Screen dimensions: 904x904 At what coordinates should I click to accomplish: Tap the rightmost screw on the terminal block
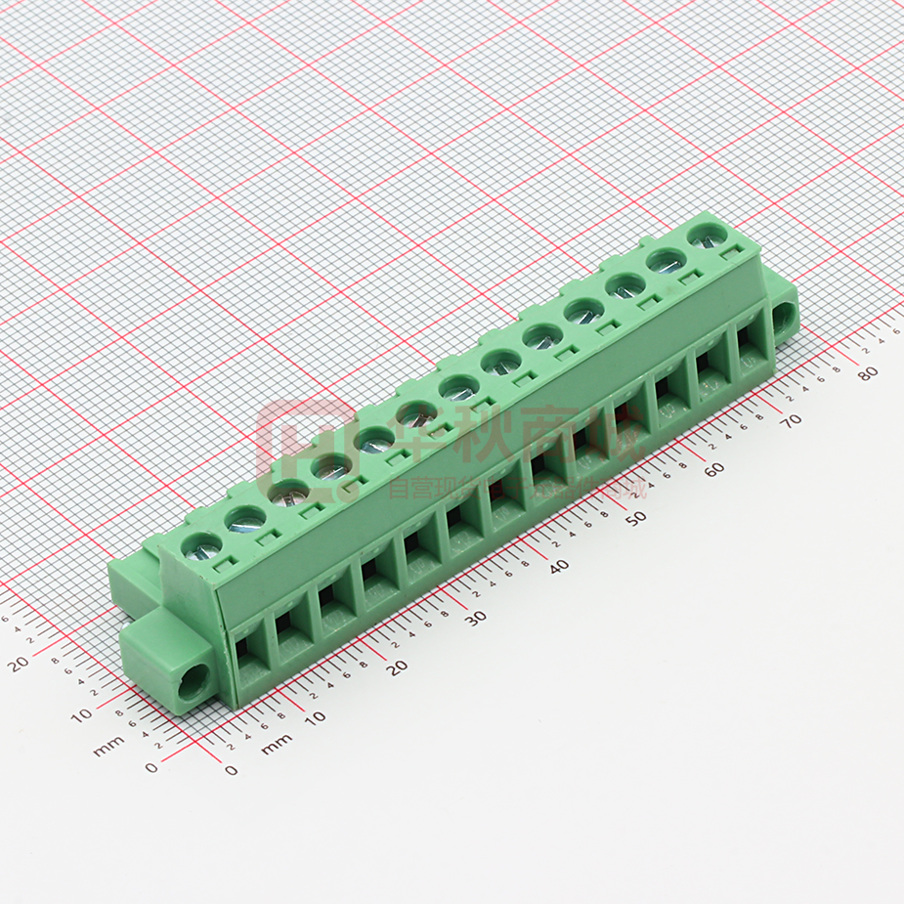pos(707,235)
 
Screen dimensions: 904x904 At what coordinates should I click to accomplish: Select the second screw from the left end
pos(244,519)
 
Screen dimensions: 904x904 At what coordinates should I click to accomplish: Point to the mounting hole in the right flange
pos(784,316)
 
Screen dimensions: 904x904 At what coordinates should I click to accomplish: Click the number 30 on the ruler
pos(476,618)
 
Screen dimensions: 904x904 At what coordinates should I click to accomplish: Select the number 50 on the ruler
pos(637,517)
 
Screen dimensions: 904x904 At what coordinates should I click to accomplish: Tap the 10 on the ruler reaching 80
pos(315,717)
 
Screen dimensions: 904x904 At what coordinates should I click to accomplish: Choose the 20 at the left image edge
pos(17,666)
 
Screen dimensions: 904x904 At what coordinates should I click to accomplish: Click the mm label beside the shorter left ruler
pos(108,750)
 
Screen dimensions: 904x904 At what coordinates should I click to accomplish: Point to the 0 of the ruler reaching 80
pos(231,770)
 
